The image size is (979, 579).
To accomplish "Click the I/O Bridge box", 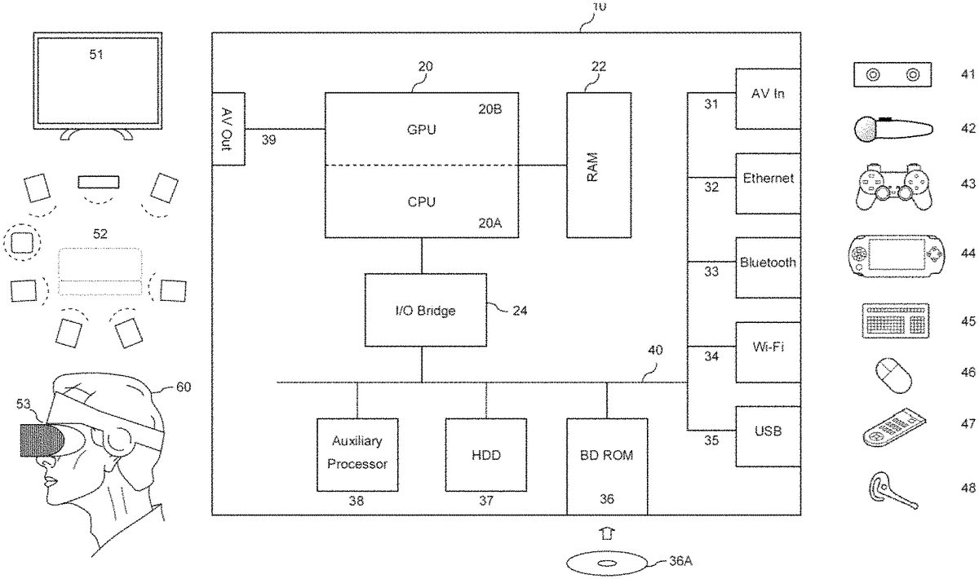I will tap(425, 310).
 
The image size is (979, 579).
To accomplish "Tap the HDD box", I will tap(486, 454).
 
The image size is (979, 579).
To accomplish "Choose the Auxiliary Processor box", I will tap(357, 454).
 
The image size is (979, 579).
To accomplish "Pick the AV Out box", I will tap(228, 129).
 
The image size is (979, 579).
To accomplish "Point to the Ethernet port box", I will tap(767, 183).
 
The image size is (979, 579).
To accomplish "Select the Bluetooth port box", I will tap(767, 267).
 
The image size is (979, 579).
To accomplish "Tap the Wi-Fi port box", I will tap(767, 352).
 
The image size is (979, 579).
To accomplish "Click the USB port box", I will tap(767, 435).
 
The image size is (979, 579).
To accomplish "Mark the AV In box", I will tap(767, 98).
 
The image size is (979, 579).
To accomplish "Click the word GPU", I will tap(421, 129).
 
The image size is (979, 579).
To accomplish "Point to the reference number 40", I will tap(654, 350).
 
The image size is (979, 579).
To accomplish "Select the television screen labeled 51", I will tap(96, 79).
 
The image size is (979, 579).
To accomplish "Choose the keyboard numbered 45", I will tap(895, 319).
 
